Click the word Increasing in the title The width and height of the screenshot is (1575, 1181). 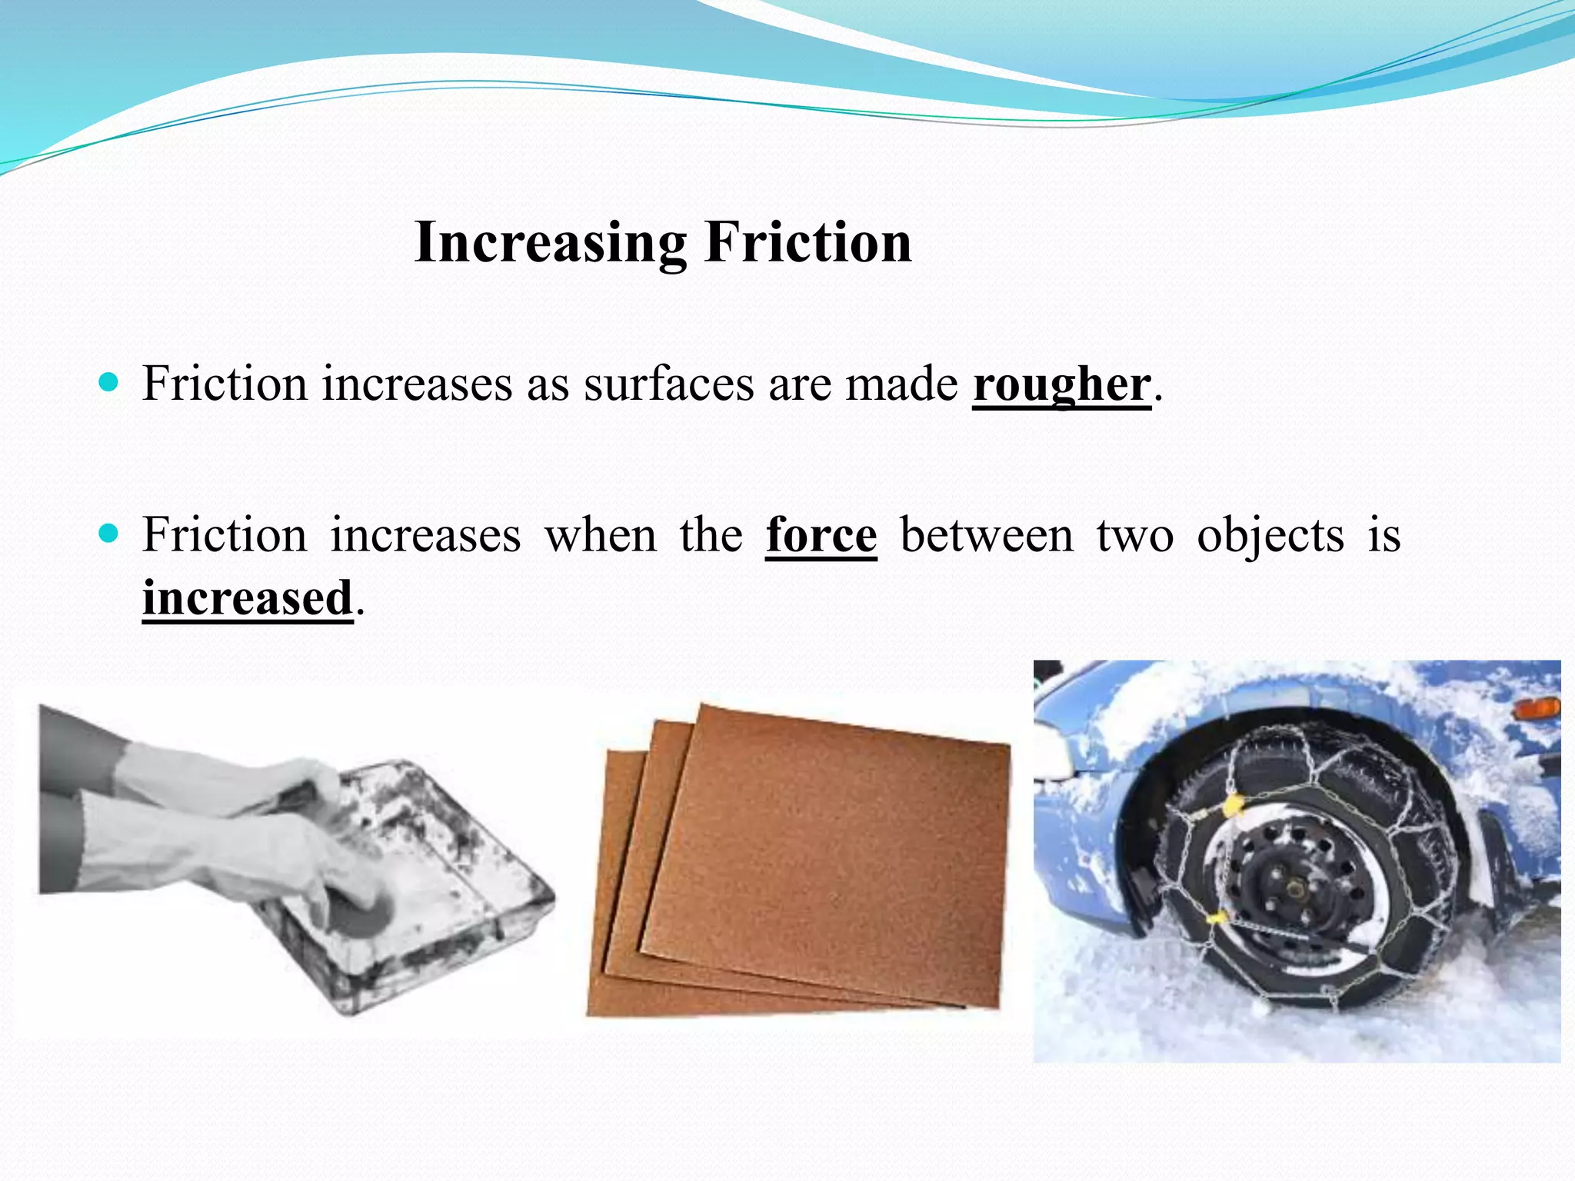tap(549, 243)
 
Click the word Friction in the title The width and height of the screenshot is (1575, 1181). tap(808, 243)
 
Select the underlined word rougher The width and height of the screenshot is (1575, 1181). tap(1062, 384)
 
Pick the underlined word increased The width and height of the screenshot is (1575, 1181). tap(248, 598)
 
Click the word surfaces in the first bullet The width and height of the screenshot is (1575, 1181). tap(668, 384)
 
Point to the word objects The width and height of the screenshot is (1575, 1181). tap(1270, 536)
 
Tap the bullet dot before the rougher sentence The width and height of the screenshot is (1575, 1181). tap(109, 381)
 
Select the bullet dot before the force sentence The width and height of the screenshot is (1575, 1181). tap(109, 533)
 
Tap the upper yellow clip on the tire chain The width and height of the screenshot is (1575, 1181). tap(1233, 804)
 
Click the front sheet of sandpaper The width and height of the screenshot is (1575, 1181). tap(831, 853)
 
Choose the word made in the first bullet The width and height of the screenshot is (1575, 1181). tap(901, 384)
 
